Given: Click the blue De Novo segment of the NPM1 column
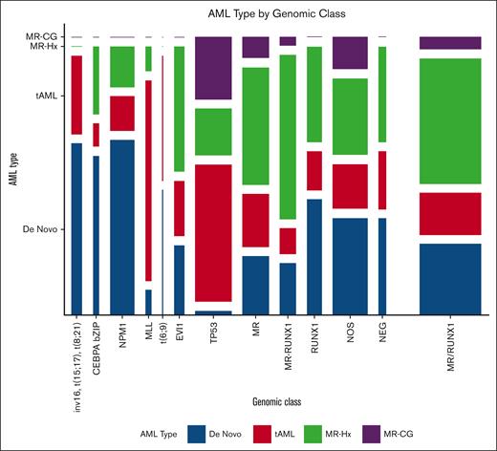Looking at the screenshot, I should pyautogui.click(x=122, y=226).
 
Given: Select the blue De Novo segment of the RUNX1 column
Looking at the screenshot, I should pyautogui.click(x=314, y=256).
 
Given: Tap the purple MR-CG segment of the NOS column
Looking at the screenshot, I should pyautogui.click(x=350, y=53).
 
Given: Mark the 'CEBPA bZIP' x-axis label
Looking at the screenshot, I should pyautogui.click(x=97, y=345).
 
